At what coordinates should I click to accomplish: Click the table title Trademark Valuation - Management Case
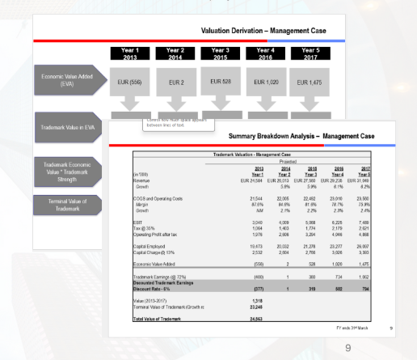point(251,154)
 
